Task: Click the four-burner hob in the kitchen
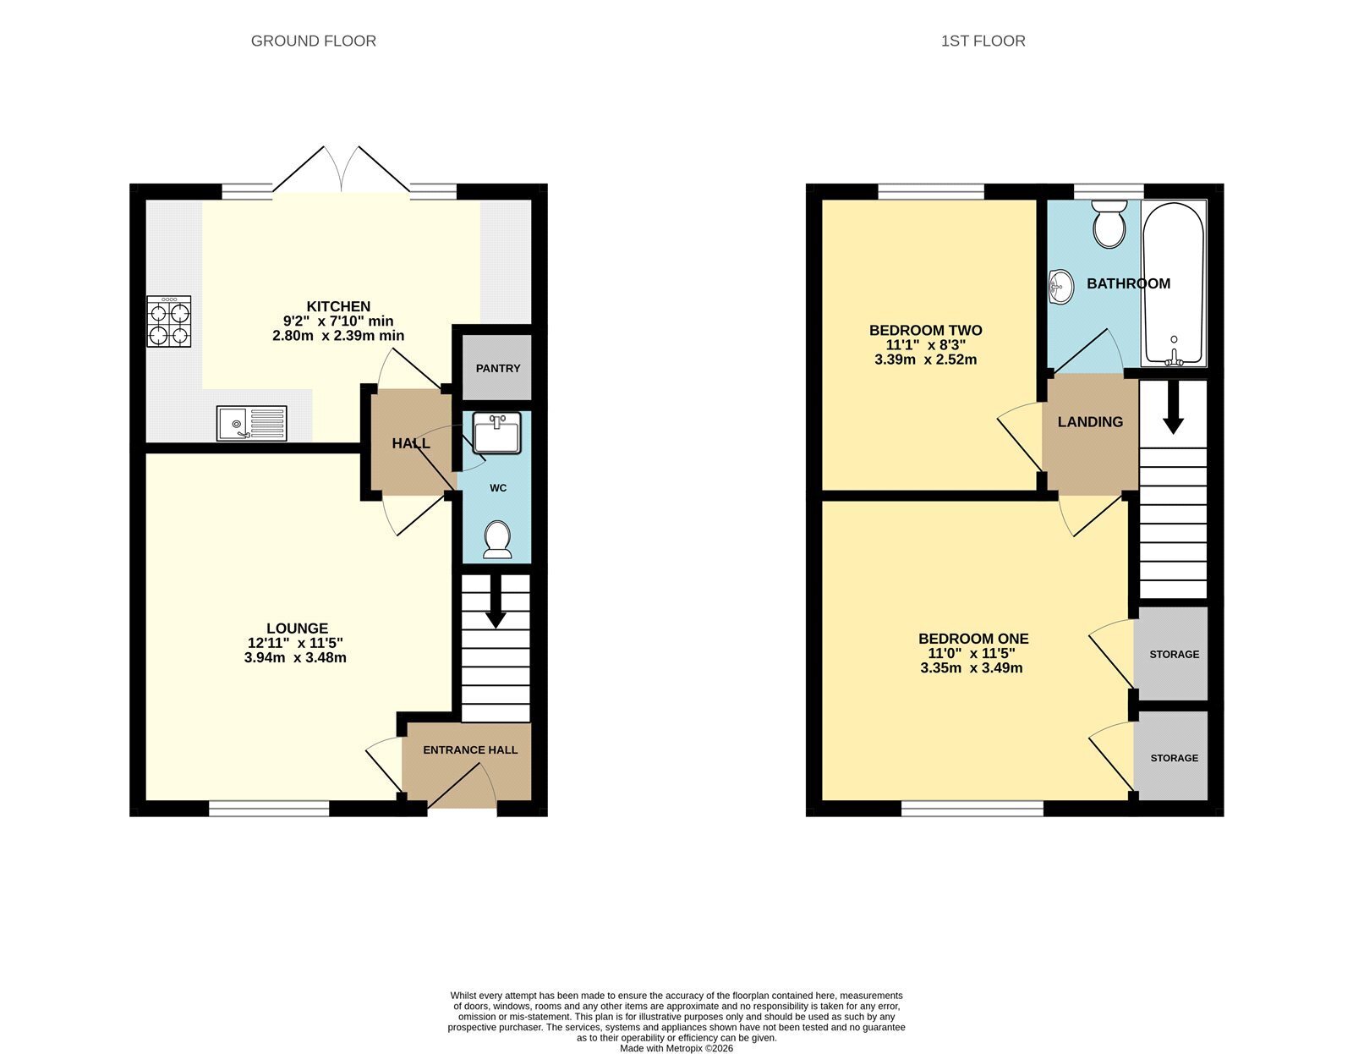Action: tap(169, 321)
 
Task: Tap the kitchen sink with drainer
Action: tap(251, 423)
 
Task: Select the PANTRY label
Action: tap(497, 369)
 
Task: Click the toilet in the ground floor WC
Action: tap(497, 540)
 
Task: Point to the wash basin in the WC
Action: tap(496, 433)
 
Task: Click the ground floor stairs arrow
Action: tap(496, 602)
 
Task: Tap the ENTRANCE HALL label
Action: tap(470, 750)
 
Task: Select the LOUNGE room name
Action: tap(297, 629)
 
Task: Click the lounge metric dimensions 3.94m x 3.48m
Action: tap(295, 658)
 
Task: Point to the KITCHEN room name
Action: tap(338, 306)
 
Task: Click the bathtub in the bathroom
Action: tap(1173, 283)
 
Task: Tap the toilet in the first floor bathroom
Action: tap(1109, 224)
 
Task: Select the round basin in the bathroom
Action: tap(1061, 288)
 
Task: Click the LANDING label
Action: tap(1090, 422)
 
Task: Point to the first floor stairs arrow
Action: tap(1173, 407)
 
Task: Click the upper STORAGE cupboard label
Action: tap(1174, 655)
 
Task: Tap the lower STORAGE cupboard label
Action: tap(1174, 758)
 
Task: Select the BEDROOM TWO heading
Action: tap(925, 331)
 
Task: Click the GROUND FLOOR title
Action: tap(313, 41)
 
